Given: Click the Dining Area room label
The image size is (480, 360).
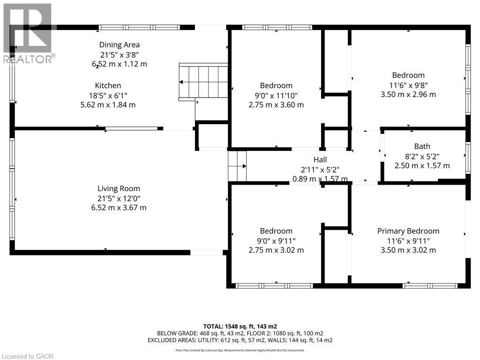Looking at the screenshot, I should pyautogui.click(x=120, y=45).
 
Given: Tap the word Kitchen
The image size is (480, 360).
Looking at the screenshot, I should pyautogui.click(x=108, y=85).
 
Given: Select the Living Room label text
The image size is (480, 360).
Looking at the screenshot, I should pyautogui.click(x=119, y=188).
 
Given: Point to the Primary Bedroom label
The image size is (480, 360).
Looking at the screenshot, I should pyautogui.click(x=408, y=231).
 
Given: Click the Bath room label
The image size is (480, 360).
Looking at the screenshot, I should pyautogui.click(x=422, y=146).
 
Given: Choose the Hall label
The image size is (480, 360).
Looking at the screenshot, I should pyautogui.click(x=320, y=160).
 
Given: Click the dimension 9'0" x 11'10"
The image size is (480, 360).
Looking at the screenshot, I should pyautogui.click(x=276, y=95).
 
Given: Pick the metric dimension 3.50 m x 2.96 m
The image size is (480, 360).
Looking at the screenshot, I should pyautogui.click(x=408, y=94).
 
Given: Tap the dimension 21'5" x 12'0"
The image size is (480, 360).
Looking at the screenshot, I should pyautogui.click(x=119, y=198).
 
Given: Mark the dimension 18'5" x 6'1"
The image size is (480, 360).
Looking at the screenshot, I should pyautogui.click(x=108, y=95).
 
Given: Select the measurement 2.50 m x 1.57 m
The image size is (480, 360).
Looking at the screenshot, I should pyautogui.click(x=422, y=165).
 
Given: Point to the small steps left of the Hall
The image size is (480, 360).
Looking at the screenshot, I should pyautogui.click(x=238, y=166).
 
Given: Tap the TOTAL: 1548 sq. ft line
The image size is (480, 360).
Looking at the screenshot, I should pyautogui.click(x=240, y=326).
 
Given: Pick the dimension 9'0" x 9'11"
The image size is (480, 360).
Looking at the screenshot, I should pyautogui.click(x=276, y=240).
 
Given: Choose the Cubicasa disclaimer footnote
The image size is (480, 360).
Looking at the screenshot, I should pyautogui.click(x=240, y=350).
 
